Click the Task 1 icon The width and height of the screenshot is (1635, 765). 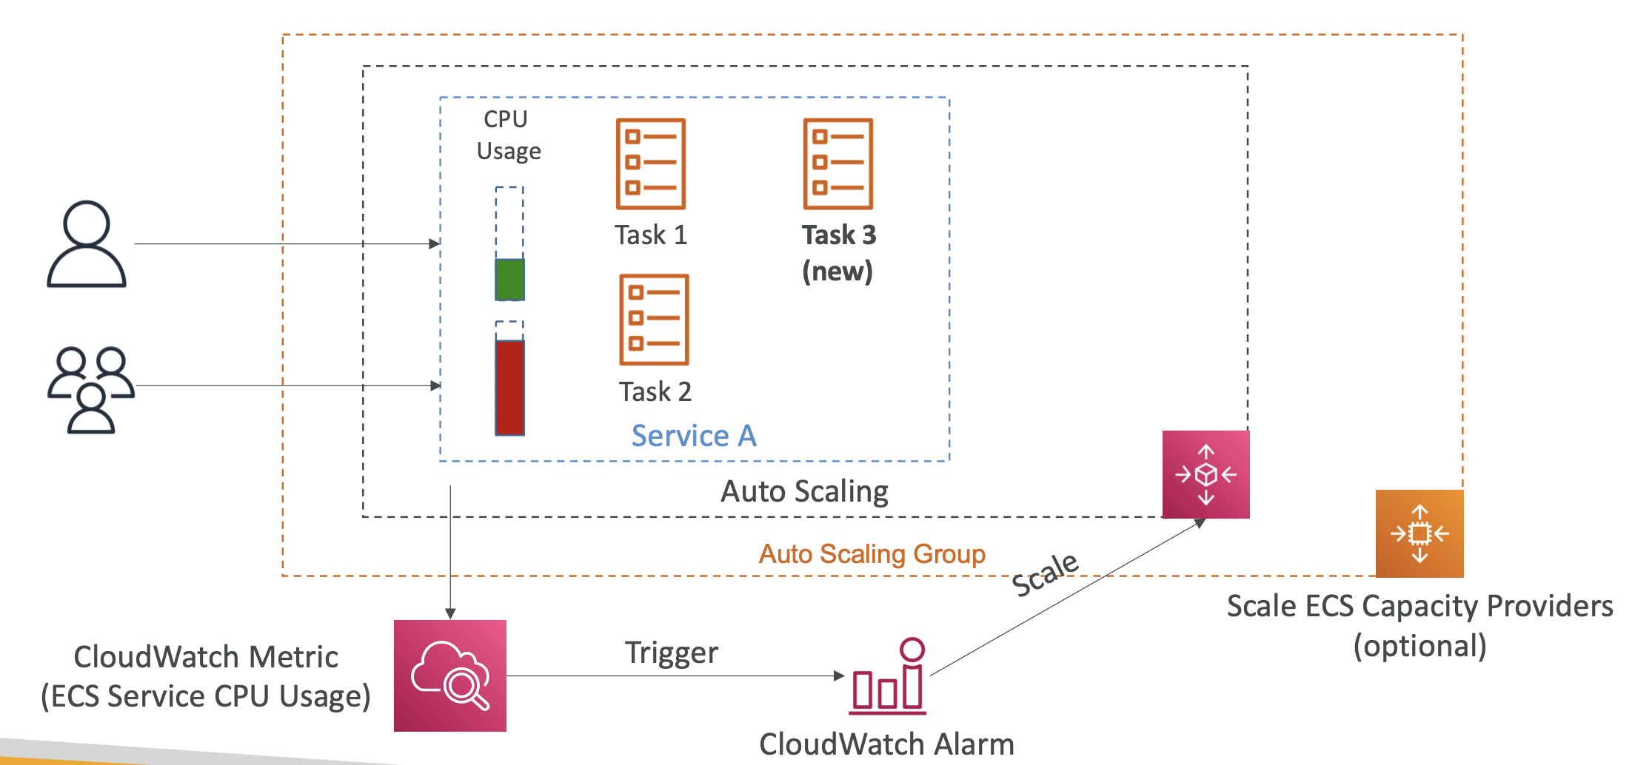pos(651,164)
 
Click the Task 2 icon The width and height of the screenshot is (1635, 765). pos(654,320)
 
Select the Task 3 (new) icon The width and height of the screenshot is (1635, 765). pos(838,164)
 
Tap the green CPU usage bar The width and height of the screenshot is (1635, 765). pos(509,279)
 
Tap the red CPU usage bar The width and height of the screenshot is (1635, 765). pos(509,387)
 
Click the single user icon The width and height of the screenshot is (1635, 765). pos(87,244)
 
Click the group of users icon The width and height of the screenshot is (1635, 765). pos(90,390)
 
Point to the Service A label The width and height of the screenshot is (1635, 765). pos(694,436)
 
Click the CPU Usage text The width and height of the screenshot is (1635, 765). pos(508,135)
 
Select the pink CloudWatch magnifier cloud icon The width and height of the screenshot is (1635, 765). pos(450,675)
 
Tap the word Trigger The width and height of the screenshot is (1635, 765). pos(671,653)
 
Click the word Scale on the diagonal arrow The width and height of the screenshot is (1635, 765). pos(1045,574)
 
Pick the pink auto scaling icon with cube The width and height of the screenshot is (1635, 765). pos(1206,474)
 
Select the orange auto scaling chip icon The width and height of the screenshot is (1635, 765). pos(1420,533)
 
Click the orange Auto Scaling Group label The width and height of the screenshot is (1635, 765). pos(872,554)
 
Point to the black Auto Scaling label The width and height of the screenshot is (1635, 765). pos(804,491)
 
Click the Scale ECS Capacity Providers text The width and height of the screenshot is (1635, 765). pos(1419,607)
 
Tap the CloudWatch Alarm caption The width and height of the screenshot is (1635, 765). pos(886,744)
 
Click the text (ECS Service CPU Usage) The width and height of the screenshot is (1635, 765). pos(206,696)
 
